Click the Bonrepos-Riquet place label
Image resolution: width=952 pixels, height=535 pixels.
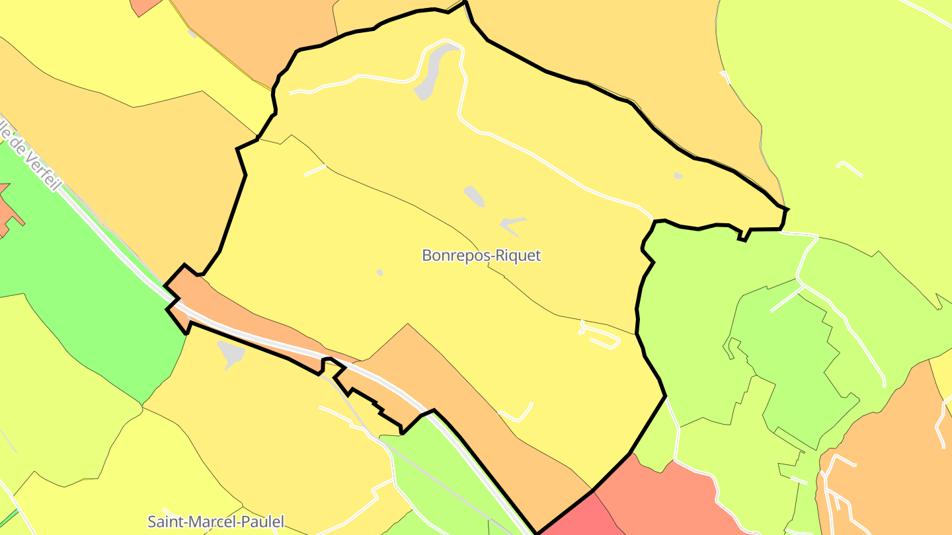481,256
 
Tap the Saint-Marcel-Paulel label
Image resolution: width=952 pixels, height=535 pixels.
216,522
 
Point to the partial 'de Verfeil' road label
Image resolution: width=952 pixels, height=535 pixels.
30,155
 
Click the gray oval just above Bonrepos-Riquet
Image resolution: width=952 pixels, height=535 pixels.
474,196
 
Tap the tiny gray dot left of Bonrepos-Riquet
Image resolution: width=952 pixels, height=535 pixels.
379,272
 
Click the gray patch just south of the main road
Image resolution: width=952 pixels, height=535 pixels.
231,353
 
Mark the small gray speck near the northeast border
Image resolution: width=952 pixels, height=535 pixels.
678,176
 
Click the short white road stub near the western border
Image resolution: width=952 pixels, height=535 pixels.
315,170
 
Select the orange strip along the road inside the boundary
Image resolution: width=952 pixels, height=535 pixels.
251,317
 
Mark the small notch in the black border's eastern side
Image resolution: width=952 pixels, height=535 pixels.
744,235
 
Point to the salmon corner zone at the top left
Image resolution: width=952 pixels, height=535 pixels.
145,5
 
